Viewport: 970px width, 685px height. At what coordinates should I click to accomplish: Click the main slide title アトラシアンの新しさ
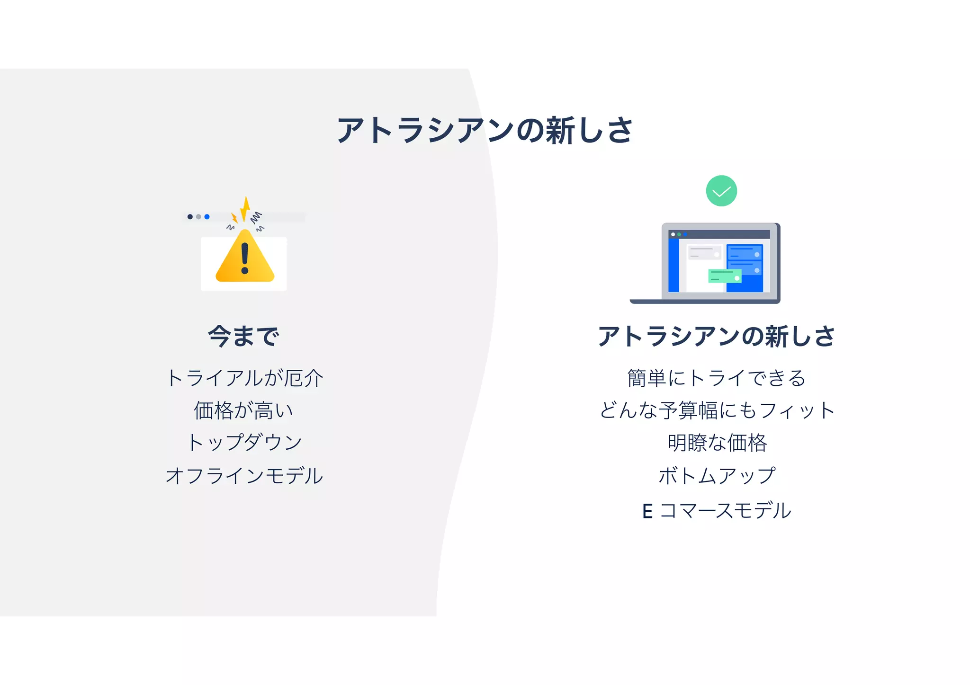click(485, 130)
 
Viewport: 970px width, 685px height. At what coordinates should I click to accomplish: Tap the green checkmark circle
click(721, 191)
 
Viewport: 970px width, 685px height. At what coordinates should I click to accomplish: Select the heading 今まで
click(243, 336)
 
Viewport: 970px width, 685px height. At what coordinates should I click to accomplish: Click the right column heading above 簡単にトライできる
click(716, 336)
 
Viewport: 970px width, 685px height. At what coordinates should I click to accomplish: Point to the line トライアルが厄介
click(244, 378)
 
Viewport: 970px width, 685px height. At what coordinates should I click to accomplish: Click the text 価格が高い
click(243, 410)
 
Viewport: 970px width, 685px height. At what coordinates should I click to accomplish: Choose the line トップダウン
click(244, 442)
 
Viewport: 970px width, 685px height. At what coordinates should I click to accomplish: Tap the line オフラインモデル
click(244, 475)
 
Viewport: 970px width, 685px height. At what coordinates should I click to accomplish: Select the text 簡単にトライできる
click(716, 378)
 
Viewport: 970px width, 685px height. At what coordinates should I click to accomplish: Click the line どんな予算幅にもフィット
click(717, 410)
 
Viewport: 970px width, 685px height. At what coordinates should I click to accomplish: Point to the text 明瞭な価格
click(717, 443)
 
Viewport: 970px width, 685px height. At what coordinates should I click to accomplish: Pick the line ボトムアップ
click(717, 475)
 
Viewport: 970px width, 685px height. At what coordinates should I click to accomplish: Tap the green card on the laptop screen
click(724, 276)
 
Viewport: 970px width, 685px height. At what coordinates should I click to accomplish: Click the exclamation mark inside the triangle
click(244, 258)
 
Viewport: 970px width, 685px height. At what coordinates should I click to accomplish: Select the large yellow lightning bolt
click(245, 209)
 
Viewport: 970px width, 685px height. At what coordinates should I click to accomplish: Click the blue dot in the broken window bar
click(207, 217)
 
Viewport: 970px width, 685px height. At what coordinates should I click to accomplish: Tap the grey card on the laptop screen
click(704, 252)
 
